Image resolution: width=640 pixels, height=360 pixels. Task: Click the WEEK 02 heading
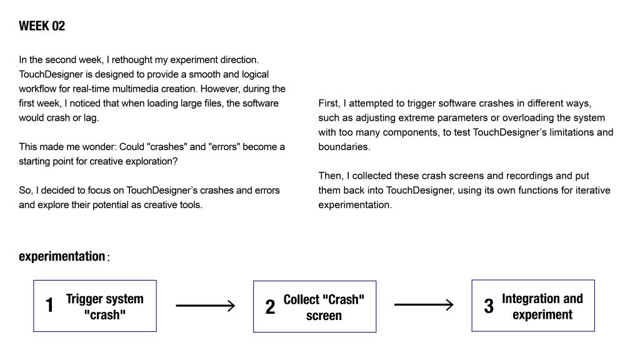[42, 26]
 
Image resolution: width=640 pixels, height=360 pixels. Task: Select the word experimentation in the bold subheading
[62, 256]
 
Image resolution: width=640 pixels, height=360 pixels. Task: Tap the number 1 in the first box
[49, 305]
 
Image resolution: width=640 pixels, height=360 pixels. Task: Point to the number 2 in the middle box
[270, 307]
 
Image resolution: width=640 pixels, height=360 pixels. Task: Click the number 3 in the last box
[489, 306]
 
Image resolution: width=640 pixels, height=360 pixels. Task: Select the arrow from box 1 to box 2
[205, 306]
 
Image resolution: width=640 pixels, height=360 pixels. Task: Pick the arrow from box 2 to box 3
[424, 305]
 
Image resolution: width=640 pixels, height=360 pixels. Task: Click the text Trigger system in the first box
[105, 299]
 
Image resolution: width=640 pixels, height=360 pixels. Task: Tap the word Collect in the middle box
[302, 299]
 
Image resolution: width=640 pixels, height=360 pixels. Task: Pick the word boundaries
[344, 147]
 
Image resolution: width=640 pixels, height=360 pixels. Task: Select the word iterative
[592, 191]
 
